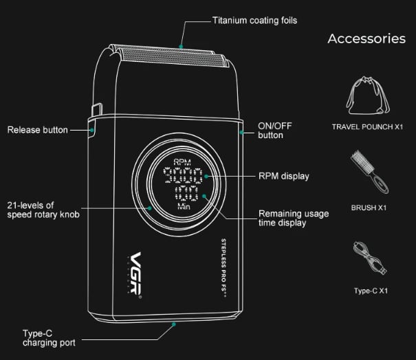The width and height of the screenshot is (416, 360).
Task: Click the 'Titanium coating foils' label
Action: tap(254, 21)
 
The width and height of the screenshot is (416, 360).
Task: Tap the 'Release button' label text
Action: tap(38, 130)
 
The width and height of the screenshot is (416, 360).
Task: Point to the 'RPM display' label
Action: tap(283, 177)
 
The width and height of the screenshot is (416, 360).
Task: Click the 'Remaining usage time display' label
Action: tap(293, 218)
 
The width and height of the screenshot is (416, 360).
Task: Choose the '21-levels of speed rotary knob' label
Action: tap(43, 210)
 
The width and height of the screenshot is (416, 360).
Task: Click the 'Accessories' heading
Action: tap(366, 38)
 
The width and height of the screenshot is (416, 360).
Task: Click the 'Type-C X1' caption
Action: tap(371, 291)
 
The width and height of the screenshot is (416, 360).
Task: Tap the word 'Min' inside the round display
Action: tap(184, 206)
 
